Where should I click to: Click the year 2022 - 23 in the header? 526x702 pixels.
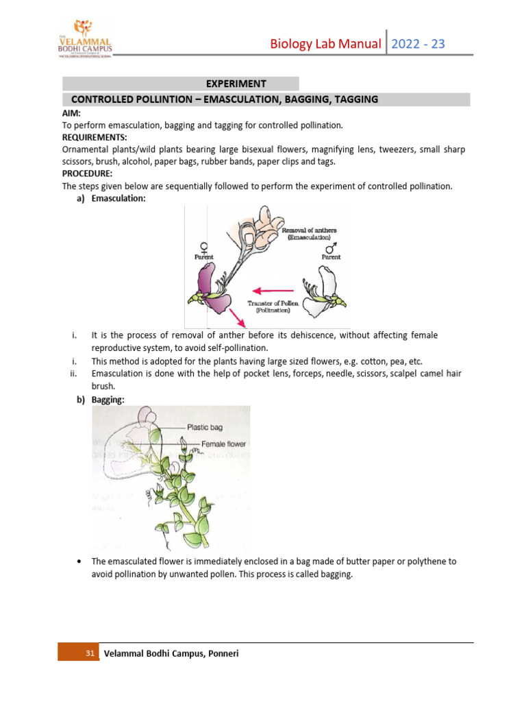click(418, 44)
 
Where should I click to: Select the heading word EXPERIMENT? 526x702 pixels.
click(236, 84)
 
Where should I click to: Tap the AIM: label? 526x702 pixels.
click(72, 113)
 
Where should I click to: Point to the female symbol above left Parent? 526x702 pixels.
click(203, 247)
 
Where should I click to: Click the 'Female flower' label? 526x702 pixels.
click(223, 444)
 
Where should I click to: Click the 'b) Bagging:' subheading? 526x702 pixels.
click(101, 400)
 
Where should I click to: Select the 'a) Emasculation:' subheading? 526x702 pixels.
click(110, 198)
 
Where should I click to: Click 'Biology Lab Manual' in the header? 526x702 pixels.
click(325, 44)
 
